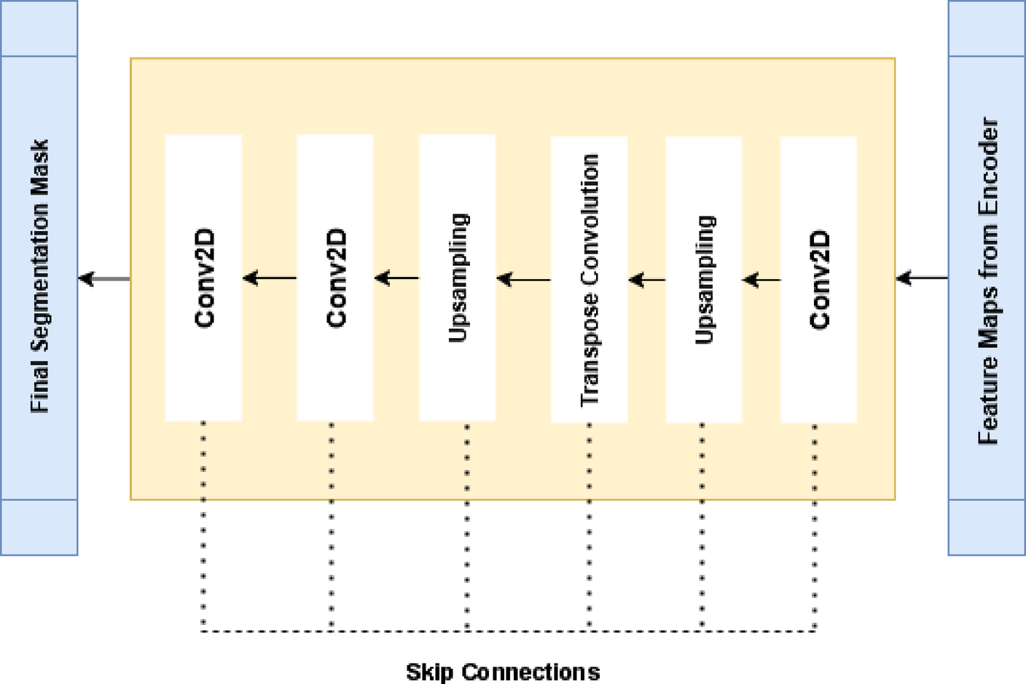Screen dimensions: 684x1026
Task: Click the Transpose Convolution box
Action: click(x=589, y=279)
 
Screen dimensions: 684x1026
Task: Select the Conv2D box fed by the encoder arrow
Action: click(x=818, y=279)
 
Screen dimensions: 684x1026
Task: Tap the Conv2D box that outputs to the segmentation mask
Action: click(x=203, y=278)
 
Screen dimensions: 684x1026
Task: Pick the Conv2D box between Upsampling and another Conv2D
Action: click(x=335, y=278)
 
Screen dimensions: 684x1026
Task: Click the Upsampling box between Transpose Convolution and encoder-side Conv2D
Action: click(x=703, y=279)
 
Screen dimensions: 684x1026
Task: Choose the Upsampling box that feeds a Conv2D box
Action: click(x=457, y=278)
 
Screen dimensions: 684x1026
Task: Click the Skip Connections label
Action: click(x=503, y=671)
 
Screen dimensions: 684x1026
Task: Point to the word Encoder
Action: click(x=988, y=166)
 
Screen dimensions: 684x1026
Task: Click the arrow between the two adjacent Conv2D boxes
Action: click(x=270, y=278)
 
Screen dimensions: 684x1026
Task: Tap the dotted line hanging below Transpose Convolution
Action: click(x=589, y=524)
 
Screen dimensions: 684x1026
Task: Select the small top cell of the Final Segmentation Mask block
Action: click(x=39, y=28)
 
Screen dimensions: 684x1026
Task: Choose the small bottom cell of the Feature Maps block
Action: click(x=987, y=527)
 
